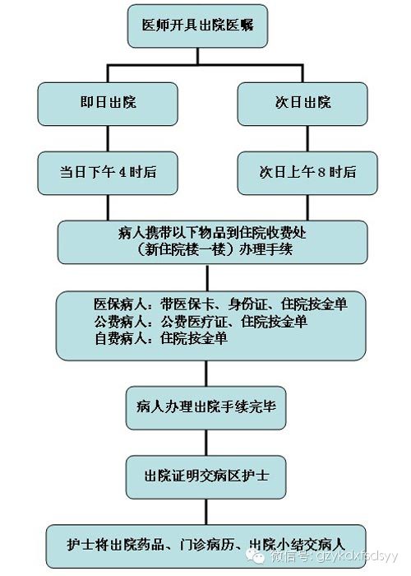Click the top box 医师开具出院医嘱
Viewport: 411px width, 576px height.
point(197,26)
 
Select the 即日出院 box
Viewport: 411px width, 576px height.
point(108,104)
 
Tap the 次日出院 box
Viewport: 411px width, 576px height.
point(302,104)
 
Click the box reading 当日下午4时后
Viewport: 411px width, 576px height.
point(108,173)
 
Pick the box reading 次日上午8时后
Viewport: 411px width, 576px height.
point(307,173)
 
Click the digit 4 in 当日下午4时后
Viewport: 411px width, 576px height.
point(122,172)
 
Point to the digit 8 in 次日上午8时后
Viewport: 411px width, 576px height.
point(322,172)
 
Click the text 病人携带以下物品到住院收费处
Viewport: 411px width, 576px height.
point(212,233)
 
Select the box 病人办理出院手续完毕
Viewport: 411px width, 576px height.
point(205,408)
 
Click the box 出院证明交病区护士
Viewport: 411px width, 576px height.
point(205,476)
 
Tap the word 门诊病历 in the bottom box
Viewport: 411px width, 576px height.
point(207,544)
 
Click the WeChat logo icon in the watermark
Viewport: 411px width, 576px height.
point(255,555)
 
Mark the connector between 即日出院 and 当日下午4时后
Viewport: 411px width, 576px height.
point(108,139)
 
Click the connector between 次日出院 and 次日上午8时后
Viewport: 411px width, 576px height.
point(307,139)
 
